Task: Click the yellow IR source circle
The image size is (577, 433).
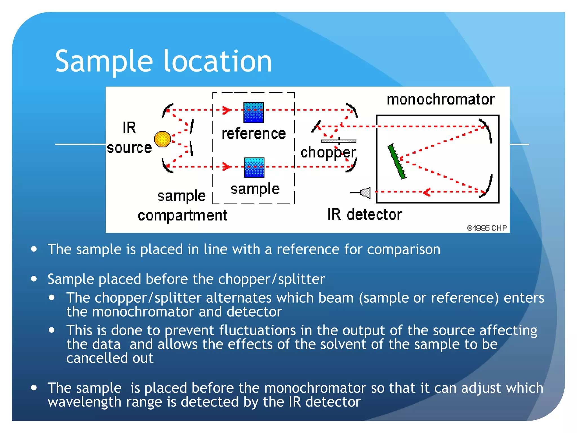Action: [163, 139]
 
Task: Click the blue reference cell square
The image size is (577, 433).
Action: [253, 112]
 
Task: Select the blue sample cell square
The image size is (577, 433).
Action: [254, 167]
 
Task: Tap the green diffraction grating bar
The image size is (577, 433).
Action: [397, 162]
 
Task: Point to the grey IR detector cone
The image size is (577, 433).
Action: [365, 193]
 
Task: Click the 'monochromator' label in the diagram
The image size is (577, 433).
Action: [440, 100]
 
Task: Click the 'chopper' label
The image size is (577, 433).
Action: [328, 153]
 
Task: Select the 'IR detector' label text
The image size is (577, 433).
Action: [365, 215]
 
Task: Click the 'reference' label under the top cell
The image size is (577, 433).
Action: [254, 134]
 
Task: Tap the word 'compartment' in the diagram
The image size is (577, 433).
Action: [182, 216]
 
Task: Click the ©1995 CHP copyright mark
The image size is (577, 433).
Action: [487, 228]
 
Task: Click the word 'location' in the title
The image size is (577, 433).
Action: [218, 61]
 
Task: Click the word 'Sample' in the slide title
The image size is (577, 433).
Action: [104, 61]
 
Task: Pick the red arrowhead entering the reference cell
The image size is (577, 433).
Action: [227, 110]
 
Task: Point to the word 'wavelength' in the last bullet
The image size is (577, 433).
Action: [85, 402]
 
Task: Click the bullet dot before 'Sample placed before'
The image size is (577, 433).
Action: [34, 279]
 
